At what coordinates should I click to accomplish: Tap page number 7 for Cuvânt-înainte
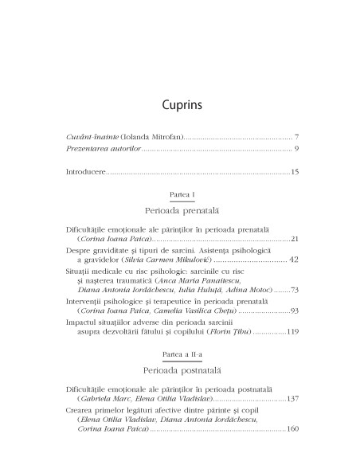[295, 137]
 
